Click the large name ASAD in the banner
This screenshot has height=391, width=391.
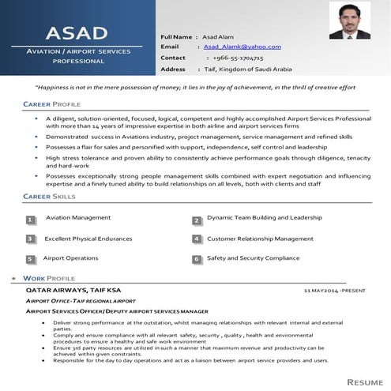77,33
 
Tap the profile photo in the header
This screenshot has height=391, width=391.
349,21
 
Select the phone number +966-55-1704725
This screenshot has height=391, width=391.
238,58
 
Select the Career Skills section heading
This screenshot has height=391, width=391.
49,195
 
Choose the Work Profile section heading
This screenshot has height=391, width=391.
49,279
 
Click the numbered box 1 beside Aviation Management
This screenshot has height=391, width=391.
30,220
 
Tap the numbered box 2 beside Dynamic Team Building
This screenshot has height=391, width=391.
196,221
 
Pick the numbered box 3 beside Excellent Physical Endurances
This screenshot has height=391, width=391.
30,239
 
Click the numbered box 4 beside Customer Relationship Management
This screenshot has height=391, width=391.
196,239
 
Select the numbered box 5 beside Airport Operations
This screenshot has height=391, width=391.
30,258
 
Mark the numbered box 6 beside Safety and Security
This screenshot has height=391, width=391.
196,258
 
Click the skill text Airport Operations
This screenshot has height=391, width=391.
71,258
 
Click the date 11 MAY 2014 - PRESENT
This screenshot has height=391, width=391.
335,291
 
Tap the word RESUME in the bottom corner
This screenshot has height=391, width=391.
364,382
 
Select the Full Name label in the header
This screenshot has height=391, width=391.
177,37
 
